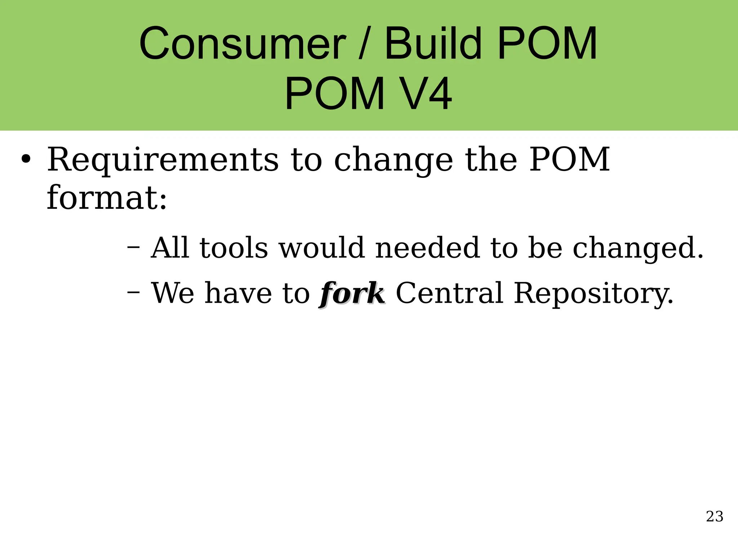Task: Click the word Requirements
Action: (x=163, y=160)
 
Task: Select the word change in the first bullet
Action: (x=394, y=161)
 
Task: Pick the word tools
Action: (x=234, y=248)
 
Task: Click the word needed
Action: (x=427, y=248)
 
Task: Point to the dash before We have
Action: (x=134, y=292)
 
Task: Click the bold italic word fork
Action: (x=352, y=293)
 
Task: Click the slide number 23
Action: (x=715, y=517)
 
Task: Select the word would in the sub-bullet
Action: (x=321, y=248)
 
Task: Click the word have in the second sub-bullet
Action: (x=238, y=293)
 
